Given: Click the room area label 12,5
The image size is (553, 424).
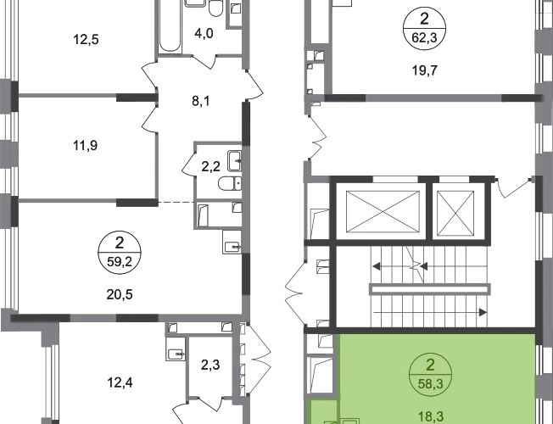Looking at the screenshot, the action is click(x=86, y=39).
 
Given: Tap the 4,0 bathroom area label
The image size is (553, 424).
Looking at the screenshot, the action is click(x=204, y=34).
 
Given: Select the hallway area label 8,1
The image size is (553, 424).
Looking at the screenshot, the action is click(x=201, y=101).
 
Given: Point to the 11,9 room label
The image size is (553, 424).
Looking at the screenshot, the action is click(x=86, y=145).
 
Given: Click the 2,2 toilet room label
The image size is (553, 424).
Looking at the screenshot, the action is click(x=210, y=166).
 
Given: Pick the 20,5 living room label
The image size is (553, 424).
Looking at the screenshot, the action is click(x=120, y=294).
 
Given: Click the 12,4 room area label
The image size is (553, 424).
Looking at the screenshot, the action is click(x=120, y=382).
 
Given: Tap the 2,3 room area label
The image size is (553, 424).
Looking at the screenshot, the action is click(x=210, y=365).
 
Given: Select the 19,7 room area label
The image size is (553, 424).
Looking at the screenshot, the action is click(x=425, y=70).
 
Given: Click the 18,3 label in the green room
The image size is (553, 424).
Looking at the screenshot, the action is click(x=430, y=416).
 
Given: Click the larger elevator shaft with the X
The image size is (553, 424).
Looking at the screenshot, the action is click(x=383, y=212).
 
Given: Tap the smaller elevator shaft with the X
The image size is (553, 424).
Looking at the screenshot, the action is click(x=455, y=213).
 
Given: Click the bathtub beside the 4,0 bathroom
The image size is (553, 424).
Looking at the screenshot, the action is click(x=170, y=26).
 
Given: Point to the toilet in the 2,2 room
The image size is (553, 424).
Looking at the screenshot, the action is click(x=230, y=183).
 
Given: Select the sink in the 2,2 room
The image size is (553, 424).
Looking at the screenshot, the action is click(x=235, y=161).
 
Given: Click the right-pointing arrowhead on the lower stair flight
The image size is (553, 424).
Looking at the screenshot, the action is click(x=483, y=313).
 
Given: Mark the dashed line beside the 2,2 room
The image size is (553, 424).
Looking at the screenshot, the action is click(x=176, y=203).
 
